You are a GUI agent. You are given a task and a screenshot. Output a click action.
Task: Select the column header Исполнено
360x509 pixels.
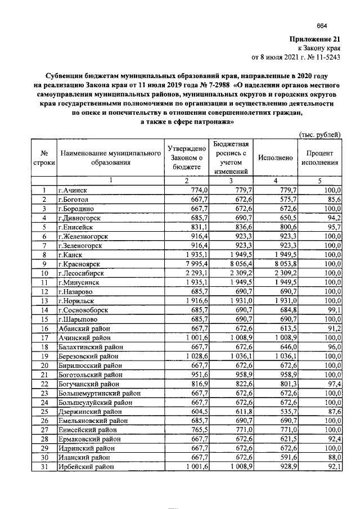click(x=276, y=157)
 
